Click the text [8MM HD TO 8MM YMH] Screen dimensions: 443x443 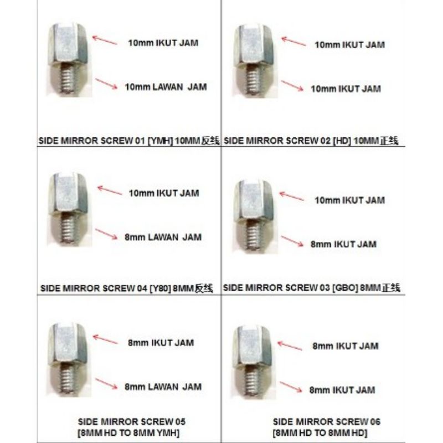pyautogui.click(x=129, y=431)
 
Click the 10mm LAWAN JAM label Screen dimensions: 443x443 pyautogui.click(x=163, y=87)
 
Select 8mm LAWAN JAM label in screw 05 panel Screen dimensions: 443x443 pyautogui.click(x=163, y=387)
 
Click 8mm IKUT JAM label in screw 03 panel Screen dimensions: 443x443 pyautogui.click(x=343, y=244)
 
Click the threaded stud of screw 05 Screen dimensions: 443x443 pyautogui.click(x=68, y=382)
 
